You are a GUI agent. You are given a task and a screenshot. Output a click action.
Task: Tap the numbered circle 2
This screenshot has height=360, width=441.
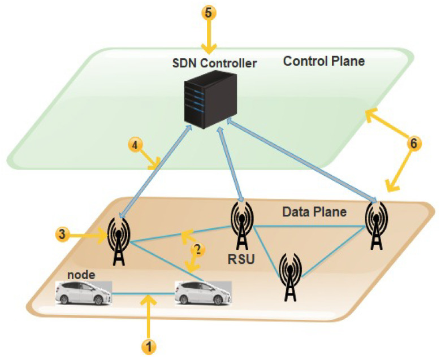click(197, 248)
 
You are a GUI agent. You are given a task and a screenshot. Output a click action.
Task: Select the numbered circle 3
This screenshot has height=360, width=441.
click(62, 233)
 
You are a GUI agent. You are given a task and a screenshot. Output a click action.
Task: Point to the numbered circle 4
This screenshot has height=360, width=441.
click(135, 145)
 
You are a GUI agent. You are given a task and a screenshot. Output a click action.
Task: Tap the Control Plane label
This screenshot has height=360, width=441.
click(316, 60)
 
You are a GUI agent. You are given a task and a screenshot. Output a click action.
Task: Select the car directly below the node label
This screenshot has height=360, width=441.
click(84, 293)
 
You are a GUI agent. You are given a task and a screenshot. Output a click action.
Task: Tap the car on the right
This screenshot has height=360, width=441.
click(203, 293)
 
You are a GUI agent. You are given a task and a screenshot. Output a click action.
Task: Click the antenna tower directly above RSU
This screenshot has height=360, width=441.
click(241, 225)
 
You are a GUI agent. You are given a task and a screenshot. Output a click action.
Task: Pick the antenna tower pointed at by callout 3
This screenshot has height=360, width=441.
click(119, 241)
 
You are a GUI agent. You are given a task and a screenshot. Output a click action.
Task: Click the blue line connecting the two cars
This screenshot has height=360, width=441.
click(144, 293)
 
